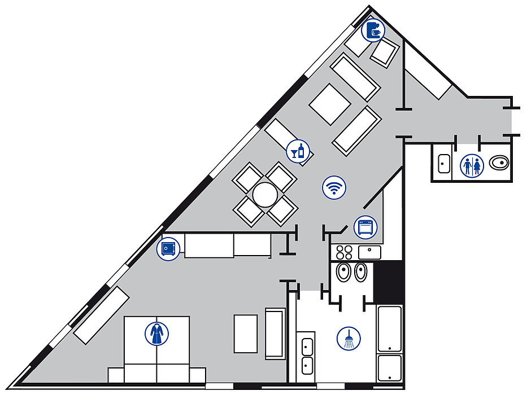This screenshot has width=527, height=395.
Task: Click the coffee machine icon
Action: pos(374,30)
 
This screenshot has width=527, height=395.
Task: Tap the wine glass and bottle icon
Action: pos(298,151)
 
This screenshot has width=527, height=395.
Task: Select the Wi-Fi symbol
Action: pos(334,187)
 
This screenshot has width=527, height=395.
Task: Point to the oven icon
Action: pos(365,227)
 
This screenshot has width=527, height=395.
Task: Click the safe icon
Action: pos(168,248)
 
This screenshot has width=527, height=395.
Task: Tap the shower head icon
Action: pos(349,339)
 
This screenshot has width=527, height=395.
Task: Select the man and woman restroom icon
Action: pos(472,165)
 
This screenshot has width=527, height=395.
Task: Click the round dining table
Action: pos(265,195)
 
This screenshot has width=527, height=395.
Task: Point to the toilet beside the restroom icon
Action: pos(500,164)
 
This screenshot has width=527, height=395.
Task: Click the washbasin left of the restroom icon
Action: pos(443,164)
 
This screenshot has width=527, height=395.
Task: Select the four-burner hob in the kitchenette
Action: pos(343,252)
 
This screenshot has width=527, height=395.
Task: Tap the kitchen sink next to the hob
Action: pos(370,252)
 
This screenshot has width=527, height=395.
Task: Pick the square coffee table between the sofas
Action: pos(330,104)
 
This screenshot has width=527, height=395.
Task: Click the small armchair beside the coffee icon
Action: pos(386,53)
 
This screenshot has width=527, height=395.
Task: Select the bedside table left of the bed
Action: pos(116,375)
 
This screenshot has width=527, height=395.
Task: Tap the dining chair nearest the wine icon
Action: pos(281,177)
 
